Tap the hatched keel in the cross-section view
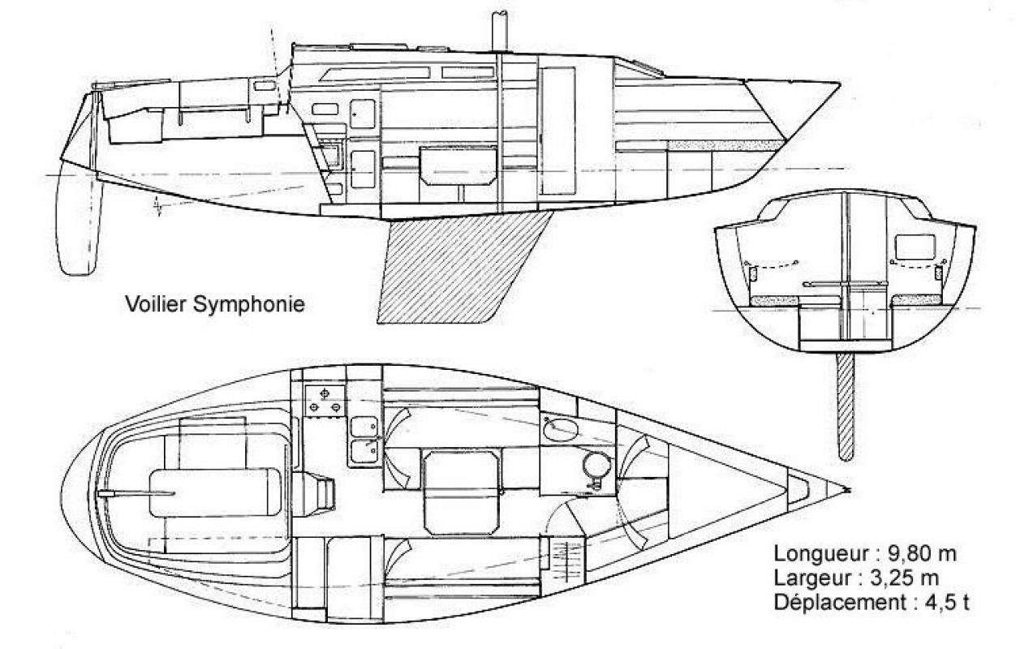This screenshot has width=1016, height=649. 846,406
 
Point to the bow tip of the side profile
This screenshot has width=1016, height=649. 841,82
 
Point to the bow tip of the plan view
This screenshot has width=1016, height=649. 847,489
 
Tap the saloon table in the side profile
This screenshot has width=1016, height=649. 459,165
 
